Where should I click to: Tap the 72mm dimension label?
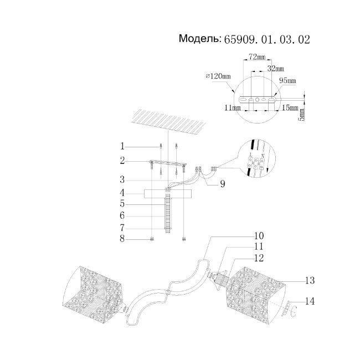[256, 57]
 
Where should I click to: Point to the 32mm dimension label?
[275, 68]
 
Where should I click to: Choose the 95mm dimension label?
[287, 80]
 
